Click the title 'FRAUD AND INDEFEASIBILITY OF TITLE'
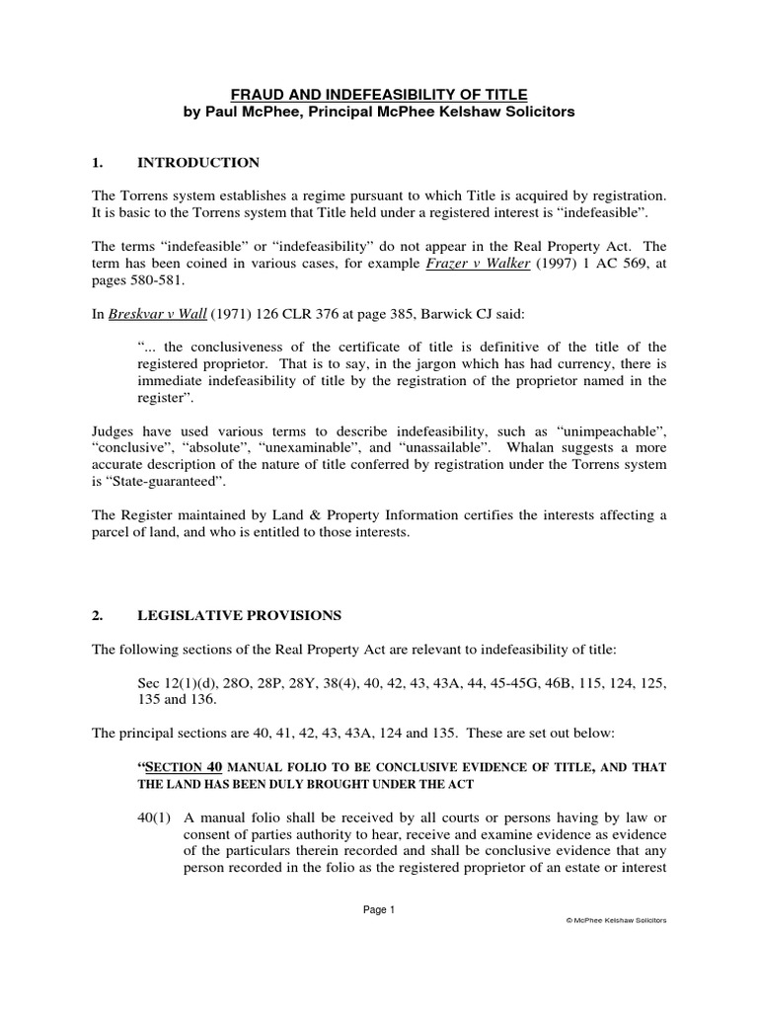coord(379,94)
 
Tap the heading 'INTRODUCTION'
coord(198,162)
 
